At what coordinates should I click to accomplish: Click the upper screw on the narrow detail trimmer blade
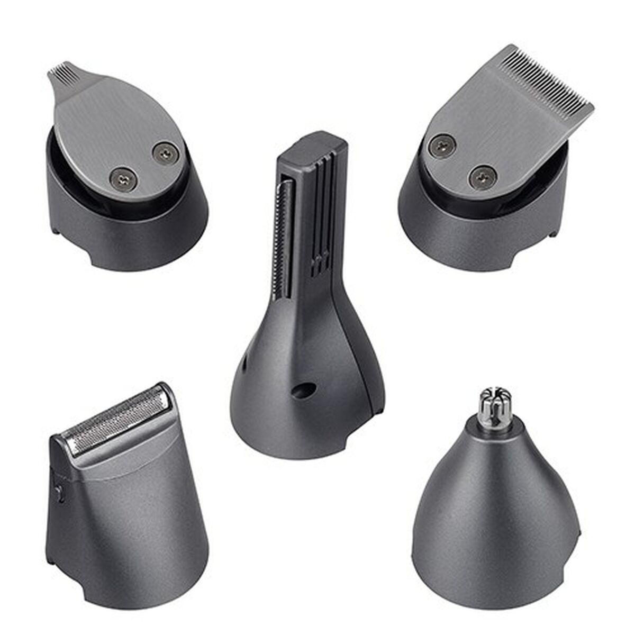[x=166, y=153]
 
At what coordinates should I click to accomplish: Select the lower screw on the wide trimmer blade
[x=483, y=178]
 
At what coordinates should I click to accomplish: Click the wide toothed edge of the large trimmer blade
[x=545, y=79]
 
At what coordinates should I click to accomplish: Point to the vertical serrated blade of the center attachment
[x=284, y=233]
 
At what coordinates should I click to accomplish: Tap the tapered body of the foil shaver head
[x=132, y=529]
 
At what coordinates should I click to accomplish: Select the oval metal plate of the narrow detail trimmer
[x=116, y=127]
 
